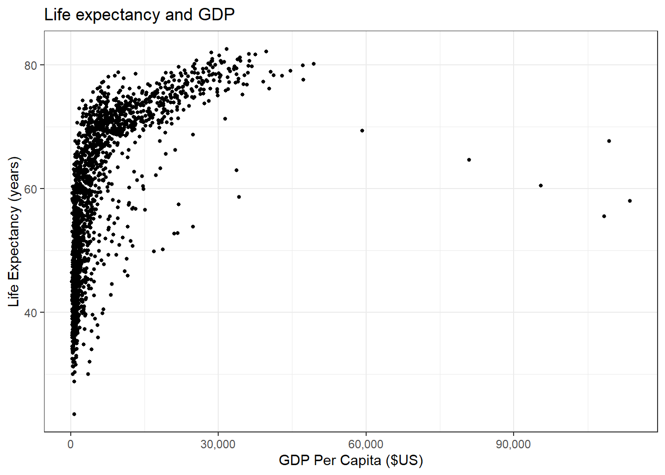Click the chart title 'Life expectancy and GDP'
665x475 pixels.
[x=140, y=15]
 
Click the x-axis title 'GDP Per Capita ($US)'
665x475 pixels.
[x=351, y=460]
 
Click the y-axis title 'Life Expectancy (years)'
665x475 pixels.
[x=14, y=232]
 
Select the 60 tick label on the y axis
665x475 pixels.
[x=31, y=189]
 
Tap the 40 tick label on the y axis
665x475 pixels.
[x=31, y=313]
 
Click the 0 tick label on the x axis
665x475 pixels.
[x=71, y=444]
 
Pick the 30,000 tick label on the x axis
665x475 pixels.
[x=218, y=444]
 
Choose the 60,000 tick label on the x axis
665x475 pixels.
[x=366, y=444]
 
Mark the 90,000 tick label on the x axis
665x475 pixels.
[x=513, y=444]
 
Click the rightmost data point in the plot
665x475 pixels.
[x=630, y=201]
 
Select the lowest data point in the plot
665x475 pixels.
[x=74, y=414]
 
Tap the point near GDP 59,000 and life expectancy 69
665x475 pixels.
[x=362, y=131]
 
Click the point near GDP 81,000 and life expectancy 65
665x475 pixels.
[x=469, y=160]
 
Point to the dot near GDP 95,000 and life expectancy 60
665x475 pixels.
[x=541, y=186]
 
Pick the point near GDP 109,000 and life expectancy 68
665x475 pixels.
[x=609, y=141]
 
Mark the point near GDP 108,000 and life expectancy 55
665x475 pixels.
[x=604, y=216]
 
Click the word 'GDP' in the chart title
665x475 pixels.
[x=216, y=15]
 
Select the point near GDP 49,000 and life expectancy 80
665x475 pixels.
[x=314, y=64]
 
